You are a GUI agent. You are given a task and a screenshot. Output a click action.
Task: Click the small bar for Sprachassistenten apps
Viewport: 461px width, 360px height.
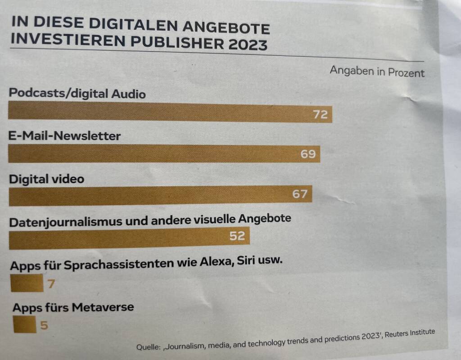click(27, 284)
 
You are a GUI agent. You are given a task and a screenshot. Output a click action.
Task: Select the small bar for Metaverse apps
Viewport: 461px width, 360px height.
click(25, 324)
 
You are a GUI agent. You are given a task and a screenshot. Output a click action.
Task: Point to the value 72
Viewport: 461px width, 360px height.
click(321, 115)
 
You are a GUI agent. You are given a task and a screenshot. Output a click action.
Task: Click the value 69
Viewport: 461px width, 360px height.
click(308, 154)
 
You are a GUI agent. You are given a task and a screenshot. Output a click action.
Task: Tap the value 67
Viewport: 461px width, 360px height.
click(299, 194)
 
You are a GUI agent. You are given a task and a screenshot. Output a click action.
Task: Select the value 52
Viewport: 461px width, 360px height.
click(237, 235)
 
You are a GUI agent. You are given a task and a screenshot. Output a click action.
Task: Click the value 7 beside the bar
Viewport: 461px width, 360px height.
click(51, 284)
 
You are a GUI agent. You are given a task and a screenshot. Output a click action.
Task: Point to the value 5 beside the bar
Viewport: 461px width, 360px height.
click(44, 324)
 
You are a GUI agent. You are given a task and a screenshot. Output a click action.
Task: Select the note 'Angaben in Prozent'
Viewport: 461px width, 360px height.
click(377, 72)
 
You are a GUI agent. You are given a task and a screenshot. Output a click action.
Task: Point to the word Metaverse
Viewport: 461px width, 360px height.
click(103, 308)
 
